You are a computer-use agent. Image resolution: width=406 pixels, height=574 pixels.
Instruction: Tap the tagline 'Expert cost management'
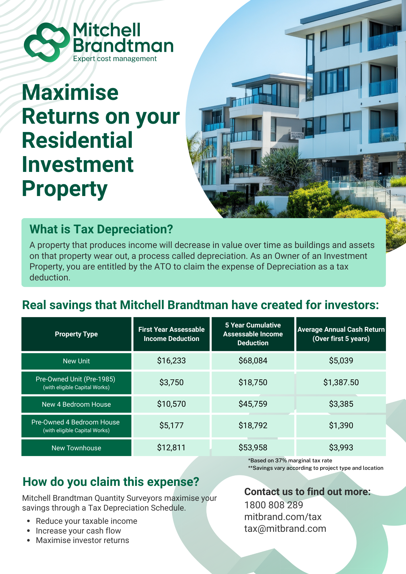tap(115, 59)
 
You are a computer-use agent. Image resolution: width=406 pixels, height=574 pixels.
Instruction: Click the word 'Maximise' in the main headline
tap(70, 92)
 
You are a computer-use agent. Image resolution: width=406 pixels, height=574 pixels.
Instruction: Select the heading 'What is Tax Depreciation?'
tap(101, 229)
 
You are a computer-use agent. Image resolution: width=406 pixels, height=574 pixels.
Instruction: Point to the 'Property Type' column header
tap(76, 334)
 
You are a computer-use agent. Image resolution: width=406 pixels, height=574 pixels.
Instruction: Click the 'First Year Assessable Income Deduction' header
tap(171, 334)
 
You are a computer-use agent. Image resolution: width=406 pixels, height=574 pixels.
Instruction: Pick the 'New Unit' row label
tap(76, 361)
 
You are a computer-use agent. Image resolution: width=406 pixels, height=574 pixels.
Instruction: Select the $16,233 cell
tap(171, 360)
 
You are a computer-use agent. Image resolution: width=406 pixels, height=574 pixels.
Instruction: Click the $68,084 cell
tap(253, 360)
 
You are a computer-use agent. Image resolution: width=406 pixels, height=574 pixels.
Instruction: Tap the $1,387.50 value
tap(341, 382)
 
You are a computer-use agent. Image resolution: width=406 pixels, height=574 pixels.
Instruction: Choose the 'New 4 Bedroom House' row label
tap(76, 404)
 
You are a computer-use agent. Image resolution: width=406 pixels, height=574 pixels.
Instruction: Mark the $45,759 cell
tap(253, 404)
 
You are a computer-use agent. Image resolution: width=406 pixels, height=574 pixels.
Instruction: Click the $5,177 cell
tap(171, 426)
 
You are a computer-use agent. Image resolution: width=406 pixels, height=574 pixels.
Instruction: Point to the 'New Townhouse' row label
tap(76, 448)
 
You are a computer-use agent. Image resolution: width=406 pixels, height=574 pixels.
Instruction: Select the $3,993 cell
tap(341, 447)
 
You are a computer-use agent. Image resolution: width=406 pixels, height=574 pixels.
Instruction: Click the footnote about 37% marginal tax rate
tap(290, 460)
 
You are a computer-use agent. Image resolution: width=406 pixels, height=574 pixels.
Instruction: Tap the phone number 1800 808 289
tap(274, 505)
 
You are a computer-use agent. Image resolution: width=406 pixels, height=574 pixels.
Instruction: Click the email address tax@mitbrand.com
tap(285, 529)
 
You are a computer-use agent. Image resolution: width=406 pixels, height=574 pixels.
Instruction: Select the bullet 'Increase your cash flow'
tap(78, 531)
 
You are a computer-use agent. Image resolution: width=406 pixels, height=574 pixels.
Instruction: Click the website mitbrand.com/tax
tap(283, 517)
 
